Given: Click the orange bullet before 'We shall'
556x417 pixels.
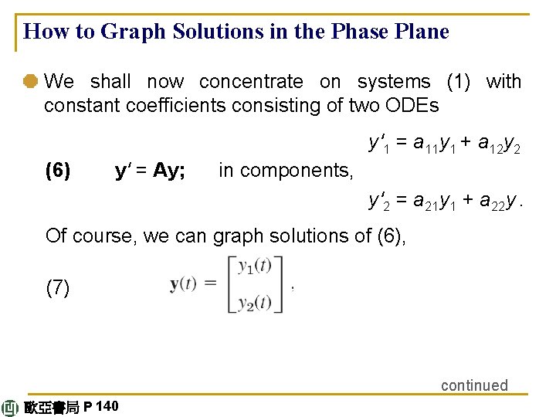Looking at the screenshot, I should point(32,81).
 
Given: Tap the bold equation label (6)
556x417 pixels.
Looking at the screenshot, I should point(58,170).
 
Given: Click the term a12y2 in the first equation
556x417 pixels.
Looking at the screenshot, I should point(500,144).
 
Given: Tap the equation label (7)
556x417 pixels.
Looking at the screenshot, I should point(58,289).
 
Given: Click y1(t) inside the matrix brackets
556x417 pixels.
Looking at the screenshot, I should point(254,267).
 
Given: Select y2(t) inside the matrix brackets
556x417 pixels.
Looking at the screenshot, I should point(254,302).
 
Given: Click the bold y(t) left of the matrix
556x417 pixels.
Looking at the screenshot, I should point(186,284).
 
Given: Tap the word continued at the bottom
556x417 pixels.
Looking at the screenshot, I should point(474,385).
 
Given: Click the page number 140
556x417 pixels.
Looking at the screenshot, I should point(108,406).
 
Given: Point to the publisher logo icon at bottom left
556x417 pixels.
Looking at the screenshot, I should point(11,408).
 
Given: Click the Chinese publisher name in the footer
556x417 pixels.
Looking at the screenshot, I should point(51,408).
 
